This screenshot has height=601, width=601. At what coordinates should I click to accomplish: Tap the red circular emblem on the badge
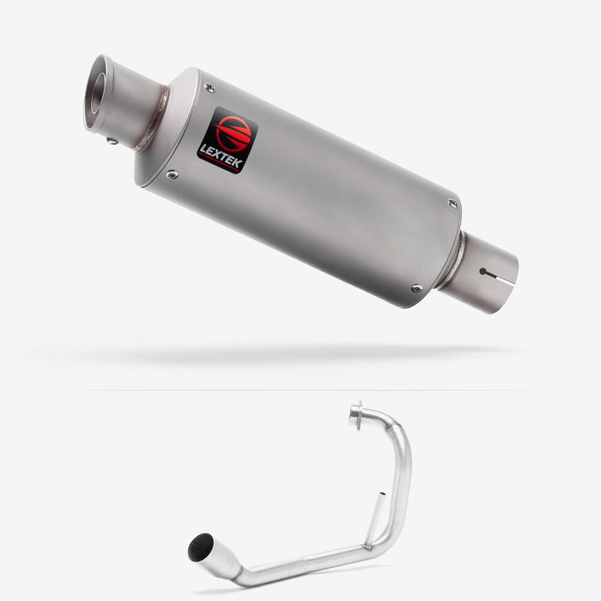[x=233, y=133]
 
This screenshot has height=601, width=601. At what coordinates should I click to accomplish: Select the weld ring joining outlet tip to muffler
[x=152, y=119]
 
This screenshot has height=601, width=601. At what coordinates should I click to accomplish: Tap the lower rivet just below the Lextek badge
[x=172, y=175]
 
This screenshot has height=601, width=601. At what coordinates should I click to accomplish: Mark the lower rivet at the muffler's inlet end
[x=417, y=288]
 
